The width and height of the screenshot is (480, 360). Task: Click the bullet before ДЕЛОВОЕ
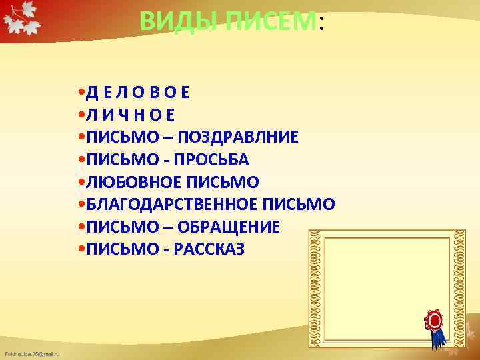(80, 92)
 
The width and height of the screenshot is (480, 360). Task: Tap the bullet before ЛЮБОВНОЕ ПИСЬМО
(80, 182)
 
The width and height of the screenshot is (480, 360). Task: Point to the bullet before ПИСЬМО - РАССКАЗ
(80, 249)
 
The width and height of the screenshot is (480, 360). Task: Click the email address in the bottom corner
(32, 353)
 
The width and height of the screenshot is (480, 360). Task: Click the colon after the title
(321, 24)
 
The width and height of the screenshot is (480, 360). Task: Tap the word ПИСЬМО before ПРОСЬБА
(113, 160)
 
